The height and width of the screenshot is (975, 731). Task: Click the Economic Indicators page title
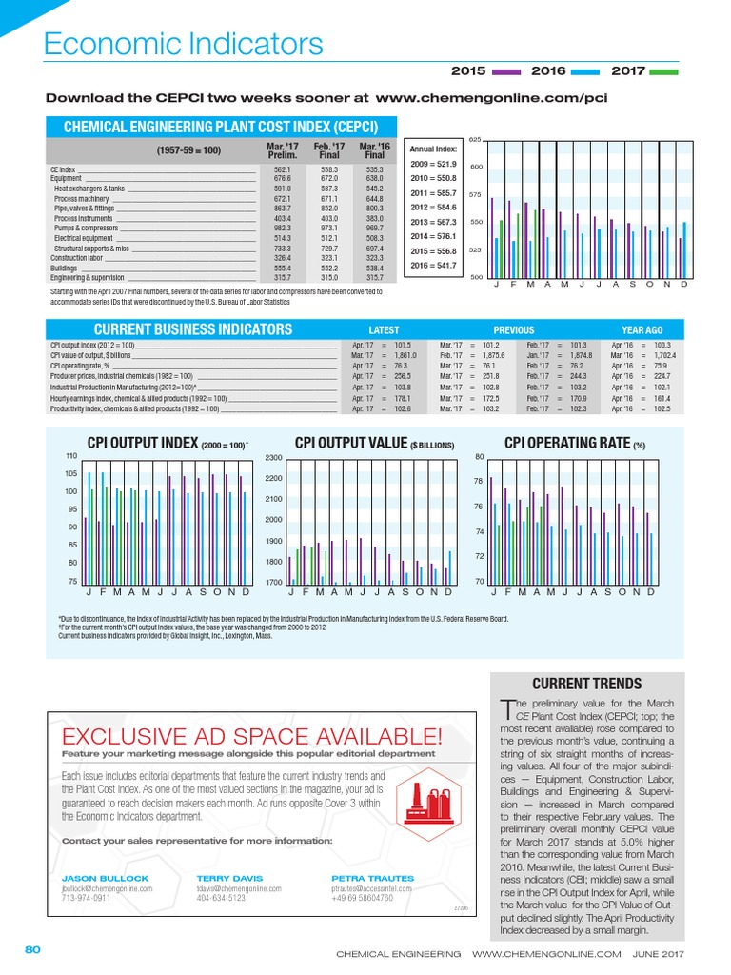click(x=185, y=44)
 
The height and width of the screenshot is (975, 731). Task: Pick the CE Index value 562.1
click(x=282, y=169)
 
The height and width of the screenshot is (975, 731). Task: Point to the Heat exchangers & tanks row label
click(x=89, y=189)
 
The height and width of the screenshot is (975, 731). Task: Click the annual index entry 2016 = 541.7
click(x=433, y=266)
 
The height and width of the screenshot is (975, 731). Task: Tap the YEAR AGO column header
click(x=642, y=330)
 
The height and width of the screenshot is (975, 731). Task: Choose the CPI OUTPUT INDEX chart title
click(x=168, y=443)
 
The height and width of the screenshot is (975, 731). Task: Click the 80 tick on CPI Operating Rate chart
click(x=480, y=457)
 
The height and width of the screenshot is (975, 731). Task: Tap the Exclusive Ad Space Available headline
click(x=251, y=736)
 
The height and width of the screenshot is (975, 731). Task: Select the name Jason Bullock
click(x=93, y=877)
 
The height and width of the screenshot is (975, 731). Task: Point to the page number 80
click(x=31, y=949)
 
